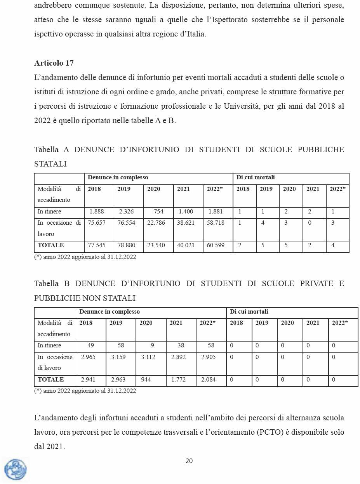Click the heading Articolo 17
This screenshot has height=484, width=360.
coord(54,63)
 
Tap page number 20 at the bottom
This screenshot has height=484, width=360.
coord(189,461)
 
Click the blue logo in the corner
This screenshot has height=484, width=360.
coord(16,469)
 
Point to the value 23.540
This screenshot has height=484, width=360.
coord(156,246)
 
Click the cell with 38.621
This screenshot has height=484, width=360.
coord(186,223)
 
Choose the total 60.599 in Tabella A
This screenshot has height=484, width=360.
coord(216,246)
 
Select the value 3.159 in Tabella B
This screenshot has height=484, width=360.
coord(118,357)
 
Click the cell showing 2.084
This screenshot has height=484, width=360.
coord(209,380)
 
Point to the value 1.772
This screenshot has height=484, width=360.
coord(179,380)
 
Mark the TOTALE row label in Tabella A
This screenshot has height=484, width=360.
coord(51,246)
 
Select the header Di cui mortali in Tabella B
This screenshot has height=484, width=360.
coord(249,312)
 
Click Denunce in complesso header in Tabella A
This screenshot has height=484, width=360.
coord(118,178)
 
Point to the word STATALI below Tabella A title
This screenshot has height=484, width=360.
coord(50,165)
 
